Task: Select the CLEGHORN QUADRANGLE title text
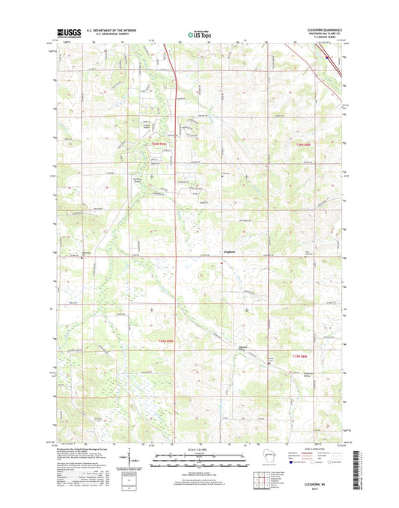click(323, 28)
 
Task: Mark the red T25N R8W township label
click(302, 356)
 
